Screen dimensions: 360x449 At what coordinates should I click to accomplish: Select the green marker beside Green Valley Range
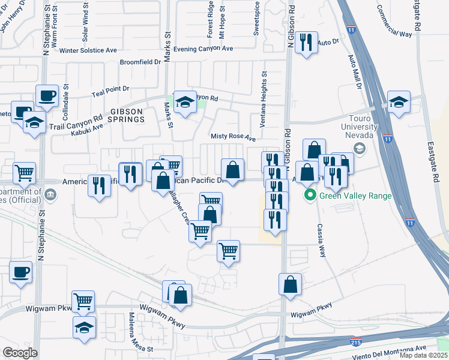tap(310, 195)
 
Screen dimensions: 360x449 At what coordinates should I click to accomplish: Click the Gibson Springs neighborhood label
tap(127, 115)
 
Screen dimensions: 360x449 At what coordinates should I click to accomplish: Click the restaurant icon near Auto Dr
tap(307, 42)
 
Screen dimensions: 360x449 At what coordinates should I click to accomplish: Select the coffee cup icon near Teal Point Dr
tap(47, 95)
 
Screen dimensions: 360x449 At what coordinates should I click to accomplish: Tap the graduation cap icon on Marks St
tap(185, 103)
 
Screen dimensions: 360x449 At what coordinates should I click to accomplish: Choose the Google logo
tap(20, 353)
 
